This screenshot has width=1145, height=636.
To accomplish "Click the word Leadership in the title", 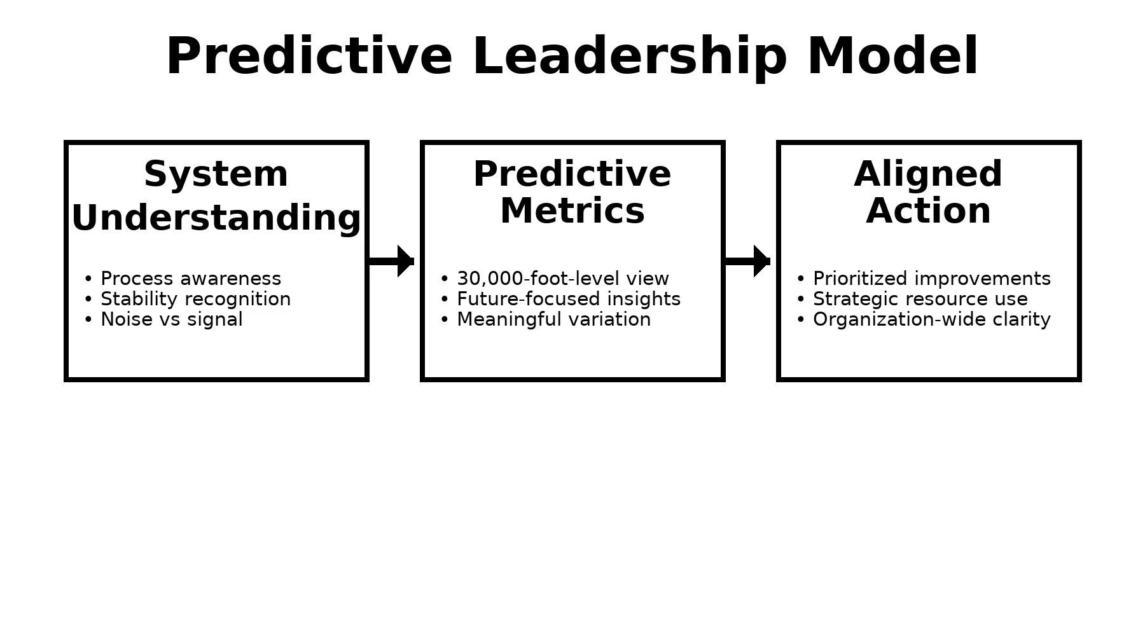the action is [x=630, y=57].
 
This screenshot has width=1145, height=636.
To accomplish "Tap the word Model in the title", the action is [x=892, y=56].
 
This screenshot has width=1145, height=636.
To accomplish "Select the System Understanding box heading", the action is [x=216, y=196].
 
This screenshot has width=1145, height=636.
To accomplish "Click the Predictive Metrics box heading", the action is [x=572, y=192].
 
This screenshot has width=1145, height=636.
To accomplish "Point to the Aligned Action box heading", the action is [x=929, y=193].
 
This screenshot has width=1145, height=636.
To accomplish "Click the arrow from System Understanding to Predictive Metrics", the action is [x=391, y=261].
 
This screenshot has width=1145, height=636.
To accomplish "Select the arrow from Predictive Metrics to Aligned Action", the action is [x=747, y=261].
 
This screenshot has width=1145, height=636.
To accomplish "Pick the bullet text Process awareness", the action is [x=191, y=279].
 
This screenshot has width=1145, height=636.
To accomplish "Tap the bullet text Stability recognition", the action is [x=196, y=299].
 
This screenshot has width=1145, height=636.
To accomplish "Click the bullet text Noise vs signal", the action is [x=172, y=319].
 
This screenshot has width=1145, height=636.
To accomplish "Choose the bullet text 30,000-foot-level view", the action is [x=563, y=279].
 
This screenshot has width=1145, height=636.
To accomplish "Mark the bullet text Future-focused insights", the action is [x=569, y=299].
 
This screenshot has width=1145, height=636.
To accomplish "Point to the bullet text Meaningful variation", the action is [x=554, y=319].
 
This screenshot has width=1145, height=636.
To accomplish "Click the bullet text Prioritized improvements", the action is [x=932, y=279].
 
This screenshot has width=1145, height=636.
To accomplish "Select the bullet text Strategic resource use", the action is [x=920, y=299].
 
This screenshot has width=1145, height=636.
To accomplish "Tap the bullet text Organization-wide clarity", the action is [x=932, y=319].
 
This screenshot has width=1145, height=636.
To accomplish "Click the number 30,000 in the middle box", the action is [x=489, y=279].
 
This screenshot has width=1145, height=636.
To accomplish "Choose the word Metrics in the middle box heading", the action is [x=572, y=211].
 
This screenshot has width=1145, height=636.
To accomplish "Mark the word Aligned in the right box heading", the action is [x=929, y=175].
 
